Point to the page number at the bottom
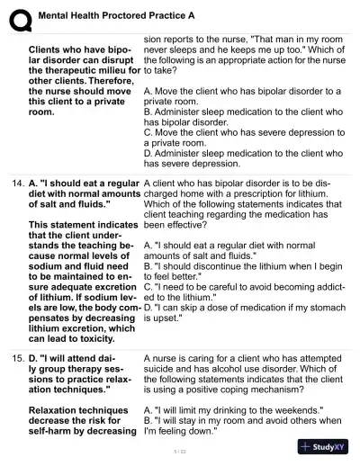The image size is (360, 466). (178, 450)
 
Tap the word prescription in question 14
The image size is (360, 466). (265, 193)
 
